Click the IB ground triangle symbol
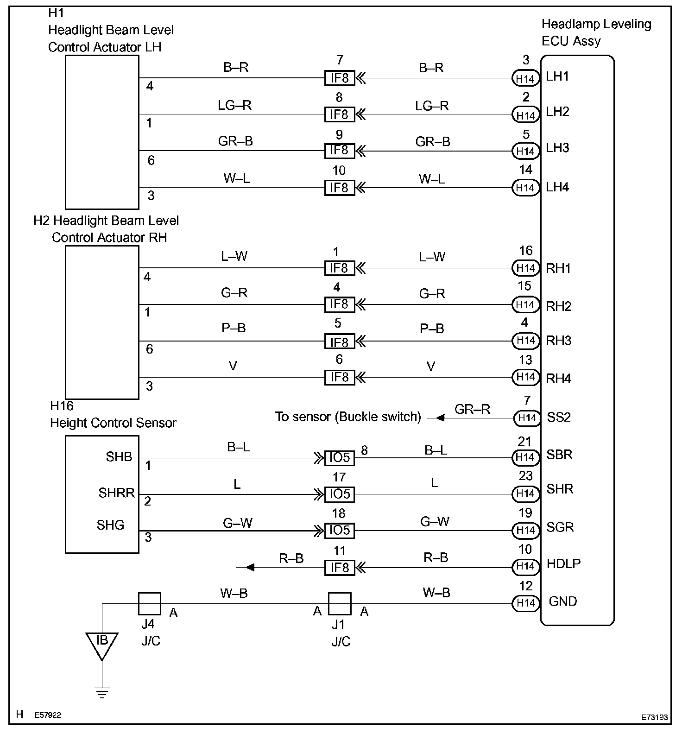tap(102, 644)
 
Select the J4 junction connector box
tap(150, 603)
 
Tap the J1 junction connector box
tap(340, 603)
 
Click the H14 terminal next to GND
tap(526, 603)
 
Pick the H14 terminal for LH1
tap(526, 79)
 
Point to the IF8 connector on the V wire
tap(340, 377)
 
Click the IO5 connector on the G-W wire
tap(340, 530)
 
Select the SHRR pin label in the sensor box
tap(116, 493)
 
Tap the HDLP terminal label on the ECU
tap(563, 563)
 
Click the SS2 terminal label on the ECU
tap(559, 417)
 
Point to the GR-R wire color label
tap(472, 409)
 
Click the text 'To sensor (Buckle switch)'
tap(348, 417)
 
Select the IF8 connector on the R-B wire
tap(340, 567)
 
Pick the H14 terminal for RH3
tap(526, 341)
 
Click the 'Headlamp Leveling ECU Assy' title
tap(596, 32)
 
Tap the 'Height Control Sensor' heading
tap(113, 423)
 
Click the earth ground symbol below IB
tap(102, 693)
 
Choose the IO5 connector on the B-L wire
tap(340, 458)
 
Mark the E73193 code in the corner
tap(655, 717)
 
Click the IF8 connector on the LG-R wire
tap(340, 114)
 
